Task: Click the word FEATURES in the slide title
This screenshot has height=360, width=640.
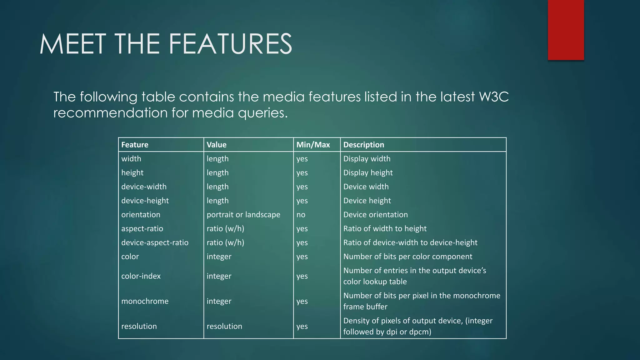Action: [x=231, y=44]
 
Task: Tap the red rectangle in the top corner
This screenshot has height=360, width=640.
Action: [x=566, y=30]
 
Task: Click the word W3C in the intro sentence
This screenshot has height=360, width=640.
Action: [x=494, y=97]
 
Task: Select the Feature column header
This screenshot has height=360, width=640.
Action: [x=135, y=145]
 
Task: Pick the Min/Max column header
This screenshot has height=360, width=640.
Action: [x=313, y=145]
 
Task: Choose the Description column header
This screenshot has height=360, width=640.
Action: [x=363, y=145]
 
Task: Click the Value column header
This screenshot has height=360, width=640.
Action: [x=216, y=145]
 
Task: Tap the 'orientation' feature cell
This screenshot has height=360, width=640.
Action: [x=141, y=215]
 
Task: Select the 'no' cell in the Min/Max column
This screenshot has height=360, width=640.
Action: [x=301, y=215]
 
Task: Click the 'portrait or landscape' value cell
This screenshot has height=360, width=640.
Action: [x=243, y=215]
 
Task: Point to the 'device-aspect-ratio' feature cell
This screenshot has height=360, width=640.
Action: [x=155, y=242]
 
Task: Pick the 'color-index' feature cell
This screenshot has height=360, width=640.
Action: [x=141, y=276]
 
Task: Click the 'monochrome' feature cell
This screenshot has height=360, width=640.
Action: [x=145, y=301]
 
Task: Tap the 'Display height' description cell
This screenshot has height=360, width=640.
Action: [x=368, y=173]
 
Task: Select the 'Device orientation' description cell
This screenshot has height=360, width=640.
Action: [x=375, y=215]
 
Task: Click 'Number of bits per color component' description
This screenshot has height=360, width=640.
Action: [x=407, y=257]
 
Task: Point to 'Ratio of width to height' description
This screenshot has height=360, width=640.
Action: [x=385, y=229]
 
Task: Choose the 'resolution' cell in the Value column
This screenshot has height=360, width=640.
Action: [x=224, y=326]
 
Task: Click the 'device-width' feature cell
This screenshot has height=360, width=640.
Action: [x=144, y=187]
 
